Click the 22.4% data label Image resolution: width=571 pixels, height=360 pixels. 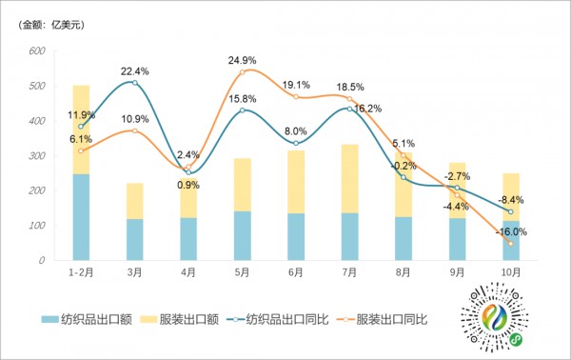pos(134,70)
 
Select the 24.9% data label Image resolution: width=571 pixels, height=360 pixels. pos(243,61)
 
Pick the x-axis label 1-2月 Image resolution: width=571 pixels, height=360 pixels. pos(80,272)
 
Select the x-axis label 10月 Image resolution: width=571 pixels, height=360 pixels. pos(511,272)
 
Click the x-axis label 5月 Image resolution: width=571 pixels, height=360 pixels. pos(243,272)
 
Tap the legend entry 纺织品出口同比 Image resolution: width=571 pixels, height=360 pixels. pos(285,318)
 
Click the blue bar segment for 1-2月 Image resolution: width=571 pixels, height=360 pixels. pos(81,217)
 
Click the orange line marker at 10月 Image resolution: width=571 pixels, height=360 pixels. pos(511,244)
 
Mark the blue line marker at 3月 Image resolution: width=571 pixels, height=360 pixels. pos(135,84)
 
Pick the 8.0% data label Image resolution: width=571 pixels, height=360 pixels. pos(296,131)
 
